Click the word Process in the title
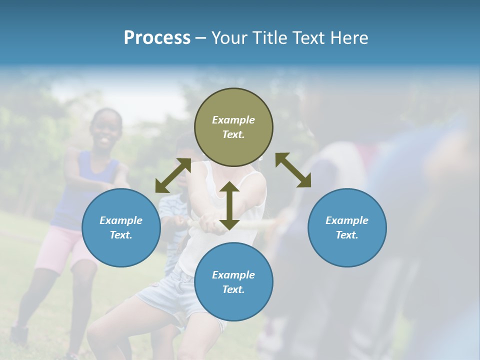pyautogui.click(x=157, y=38)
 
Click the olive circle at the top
pyautogui.click(x=233, y=127)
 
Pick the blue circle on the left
pyautogui.click(x=121, y=227)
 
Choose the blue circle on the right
pyautogui.click(x=347, y=227)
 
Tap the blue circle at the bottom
pyautogui.click(x=233, y=282)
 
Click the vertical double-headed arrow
pyautogui.click(x=229, y=205)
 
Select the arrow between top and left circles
pyautogui.click(x=173, y=175)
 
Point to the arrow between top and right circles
pyautogui.click(x=293, y=170)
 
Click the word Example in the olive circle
pyautogui.click(x=233, y=120)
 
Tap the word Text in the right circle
pyautogui.click(x=347, y=235)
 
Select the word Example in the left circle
pyautogui.click(x=121, y=220)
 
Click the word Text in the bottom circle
pyautogui.click(x=233, y=289)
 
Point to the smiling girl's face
pyautogui.click(x=106, y=131)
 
